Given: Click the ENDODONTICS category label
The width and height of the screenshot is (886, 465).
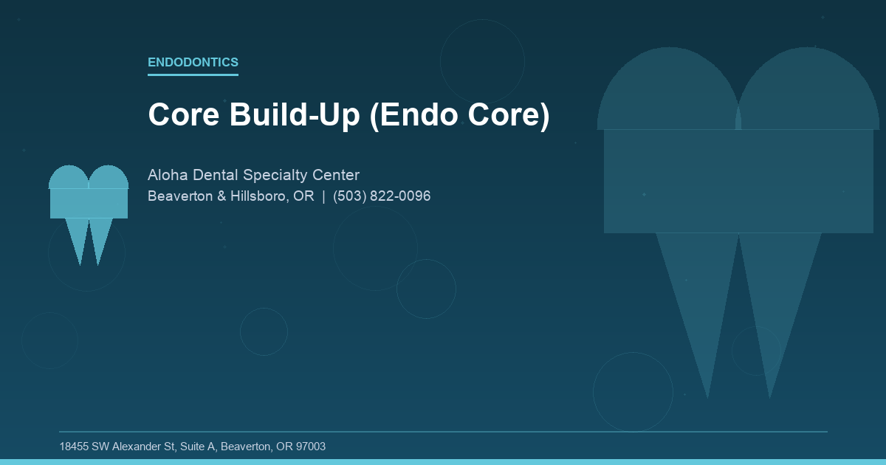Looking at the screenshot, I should (x=193, y=62).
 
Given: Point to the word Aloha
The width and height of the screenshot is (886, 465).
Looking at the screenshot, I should (x=168, y=175).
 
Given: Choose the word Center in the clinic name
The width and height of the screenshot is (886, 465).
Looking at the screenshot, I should (x=336, y=175).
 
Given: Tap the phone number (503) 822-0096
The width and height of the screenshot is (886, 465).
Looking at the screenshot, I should (x=382, y=196).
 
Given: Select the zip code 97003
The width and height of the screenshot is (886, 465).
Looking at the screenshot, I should (x=311, y=447).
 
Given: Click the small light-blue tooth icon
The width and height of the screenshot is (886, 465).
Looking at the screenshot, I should (x=89, y=199).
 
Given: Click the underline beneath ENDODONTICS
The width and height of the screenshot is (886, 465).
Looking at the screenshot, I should (x=193, y=75).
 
